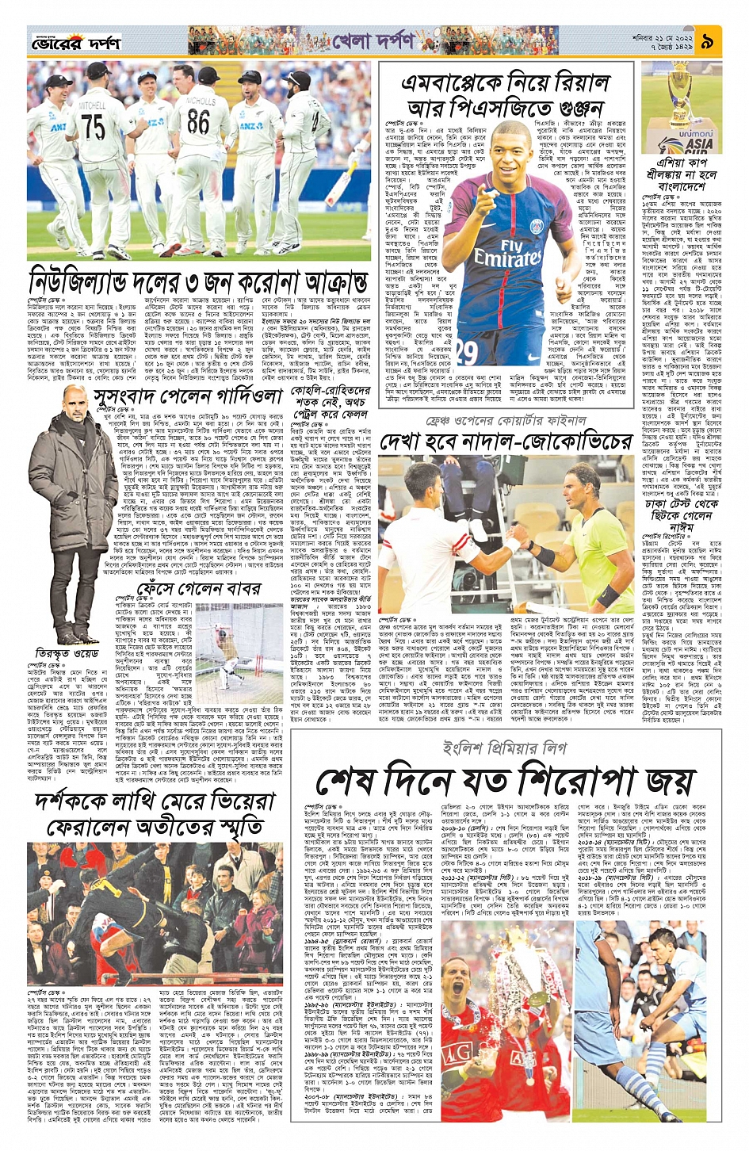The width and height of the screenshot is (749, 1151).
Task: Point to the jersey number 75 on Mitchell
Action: click(92, 126)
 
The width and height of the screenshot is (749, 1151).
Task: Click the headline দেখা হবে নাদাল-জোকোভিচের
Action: click(505, 442)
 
